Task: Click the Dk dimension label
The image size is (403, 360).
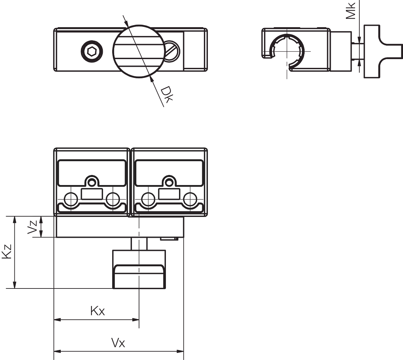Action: pos(167,94)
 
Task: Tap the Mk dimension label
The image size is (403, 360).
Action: pos(351,11)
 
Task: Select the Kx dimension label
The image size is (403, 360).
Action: pos(97,311)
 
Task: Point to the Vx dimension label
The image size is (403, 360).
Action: pos(118,343)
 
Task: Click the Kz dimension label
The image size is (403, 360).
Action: pos(7,252)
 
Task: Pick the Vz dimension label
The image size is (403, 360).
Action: pos(32,227)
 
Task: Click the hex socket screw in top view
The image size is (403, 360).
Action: pos(92,51)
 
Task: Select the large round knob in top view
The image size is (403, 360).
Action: pos(139,51)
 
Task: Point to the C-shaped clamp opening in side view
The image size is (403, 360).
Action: pos(287,52)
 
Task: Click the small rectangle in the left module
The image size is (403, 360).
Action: pos(92,194)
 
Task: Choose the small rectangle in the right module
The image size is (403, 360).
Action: pos(169,194)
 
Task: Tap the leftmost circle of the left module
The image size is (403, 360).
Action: pos(71,199)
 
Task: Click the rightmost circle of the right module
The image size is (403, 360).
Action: pos(190,199)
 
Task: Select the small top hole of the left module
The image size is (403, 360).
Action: pos(92,182)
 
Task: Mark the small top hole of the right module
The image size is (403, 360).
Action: pos(169,182)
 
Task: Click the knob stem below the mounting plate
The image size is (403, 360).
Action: pos(139,244)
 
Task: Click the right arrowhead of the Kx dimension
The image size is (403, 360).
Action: pos(136,320)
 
